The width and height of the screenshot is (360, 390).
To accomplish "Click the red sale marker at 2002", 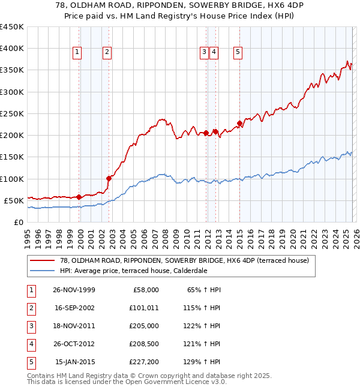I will click(109, 178).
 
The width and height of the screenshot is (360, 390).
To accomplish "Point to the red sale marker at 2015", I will click(239, 124).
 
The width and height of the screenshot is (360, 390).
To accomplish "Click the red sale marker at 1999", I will click(79, 197).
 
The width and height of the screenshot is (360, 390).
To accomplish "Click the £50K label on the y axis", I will click(13, 200).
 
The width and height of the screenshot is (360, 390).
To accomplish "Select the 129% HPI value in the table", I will click(202, 362).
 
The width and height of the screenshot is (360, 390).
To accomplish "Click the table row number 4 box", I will click(31, 344).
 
